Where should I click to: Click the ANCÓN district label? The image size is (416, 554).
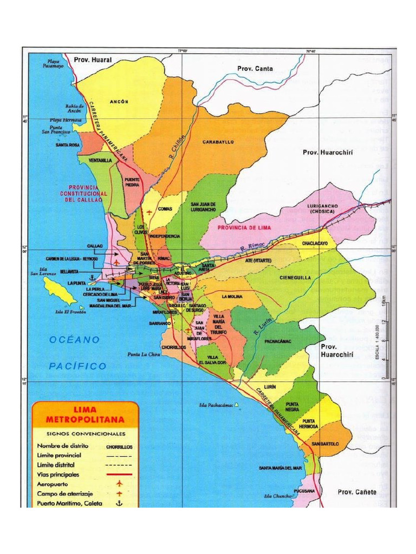pos(119,101)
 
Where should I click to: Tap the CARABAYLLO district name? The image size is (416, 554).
pos(218,142)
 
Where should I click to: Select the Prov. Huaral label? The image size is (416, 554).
pos(93,60)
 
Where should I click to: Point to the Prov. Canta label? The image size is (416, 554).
pos(255,69)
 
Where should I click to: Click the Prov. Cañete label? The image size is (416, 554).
pos(356,492)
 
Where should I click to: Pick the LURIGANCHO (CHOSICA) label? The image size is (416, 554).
pos(323,209)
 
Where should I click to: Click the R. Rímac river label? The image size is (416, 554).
pos(252,248)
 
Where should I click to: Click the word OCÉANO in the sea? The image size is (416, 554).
pos(75,340)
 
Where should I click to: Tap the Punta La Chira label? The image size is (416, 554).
pos(144,355)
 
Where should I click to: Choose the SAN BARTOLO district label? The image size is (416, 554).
pos(326,444)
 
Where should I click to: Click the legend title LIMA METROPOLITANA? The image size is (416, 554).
pos(85,415)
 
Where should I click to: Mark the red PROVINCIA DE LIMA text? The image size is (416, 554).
pos(244,228)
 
